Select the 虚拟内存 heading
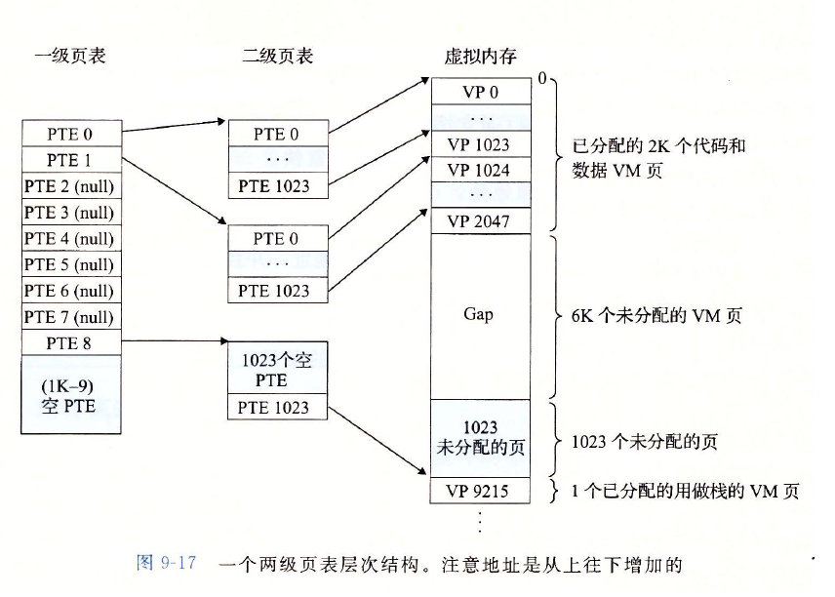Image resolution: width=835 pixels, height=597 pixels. (x=479, y=56)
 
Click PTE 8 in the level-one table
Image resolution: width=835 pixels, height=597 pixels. (x=70, y=343)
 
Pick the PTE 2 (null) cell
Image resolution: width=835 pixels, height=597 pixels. (x=70, y=186)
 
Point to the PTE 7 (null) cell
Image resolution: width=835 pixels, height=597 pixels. (x=70, y=317)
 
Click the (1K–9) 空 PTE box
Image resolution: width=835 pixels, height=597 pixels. (x=70, y=395)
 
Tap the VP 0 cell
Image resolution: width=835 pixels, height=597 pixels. (x=481, y=92)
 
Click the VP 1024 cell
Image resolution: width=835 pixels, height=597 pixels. (x=481, y=170)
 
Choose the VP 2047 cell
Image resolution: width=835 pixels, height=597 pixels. (x=481, y=221)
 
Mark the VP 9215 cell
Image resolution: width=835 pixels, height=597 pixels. (x=481, y=491)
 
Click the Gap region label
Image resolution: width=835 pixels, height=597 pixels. (x=481, y=314)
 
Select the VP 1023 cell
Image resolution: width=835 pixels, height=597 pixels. (x=481, y=144)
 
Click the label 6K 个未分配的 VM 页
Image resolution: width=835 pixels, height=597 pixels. (x=645, y=315)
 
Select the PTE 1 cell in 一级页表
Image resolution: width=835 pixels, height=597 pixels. (x=70, y=160)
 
